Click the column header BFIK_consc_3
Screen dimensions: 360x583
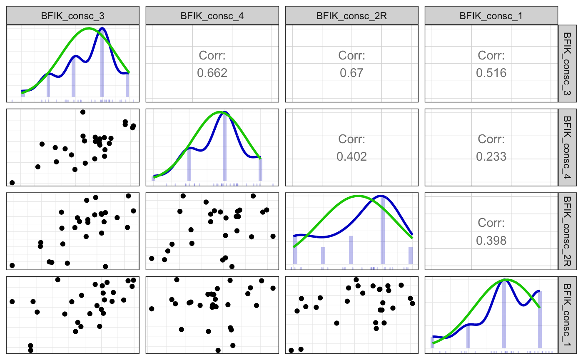tap(73, 16)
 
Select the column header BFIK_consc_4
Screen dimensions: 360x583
tap(212, 16)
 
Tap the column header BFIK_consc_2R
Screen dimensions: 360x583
tap(351, 16)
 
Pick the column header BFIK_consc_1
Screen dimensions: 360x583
tap(491, 16)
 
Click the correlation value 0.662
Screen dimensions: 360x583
tap(212, 73)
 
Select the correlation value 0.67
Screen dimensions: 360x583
tap(351, 73)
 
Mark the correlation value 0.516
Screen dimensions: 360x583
tap(491, 73)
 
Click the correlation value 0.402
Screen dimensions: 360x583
tap(351, 157)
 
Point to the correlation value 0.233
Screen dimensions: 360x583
tap(491, 157)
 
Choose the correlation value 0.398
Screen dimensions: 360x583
tap(491, 241)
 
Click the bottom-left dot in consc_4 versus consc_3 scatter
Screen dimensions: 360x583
tap(12, 183)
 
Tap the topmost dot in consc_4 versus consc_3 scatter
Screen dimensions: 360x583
tap(83, 112)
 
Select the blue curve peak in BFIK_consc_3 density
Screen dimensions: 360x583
tap(102, 29)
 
